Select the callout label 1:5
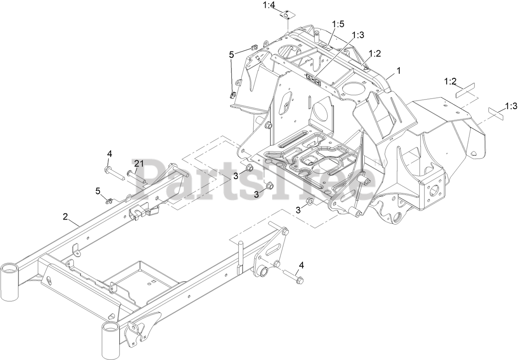pos(338,25)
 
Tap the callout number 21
pos(138,164)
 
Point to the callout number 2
pos(65,216)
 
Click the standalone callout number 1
pos(399,70)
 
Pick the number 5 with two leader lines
pos(231,54)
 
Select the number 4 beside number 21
pos(110,154)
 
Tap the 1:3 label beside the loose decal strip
pos(511,106)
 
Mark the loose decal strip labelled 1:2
pos(465,90)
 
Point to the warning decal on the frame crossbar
pos(313,79)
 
